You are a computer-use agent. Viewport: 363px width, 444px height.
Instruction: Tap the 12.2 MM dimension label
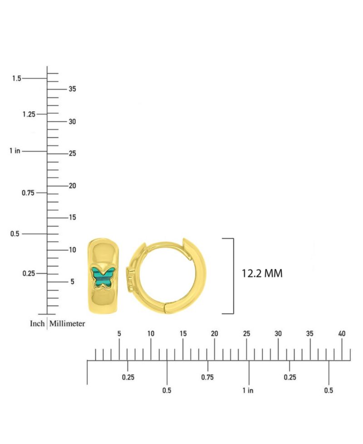[262, 274]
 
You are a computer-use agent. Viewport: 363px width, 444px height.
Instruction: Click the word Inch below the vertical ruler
[37, 323]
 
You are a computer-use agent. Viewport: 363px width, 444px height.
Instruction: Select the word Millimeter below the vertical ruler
[67, 323]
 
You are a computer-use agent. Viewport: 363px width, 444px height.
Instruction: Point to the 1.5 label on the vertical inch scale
[17, 79]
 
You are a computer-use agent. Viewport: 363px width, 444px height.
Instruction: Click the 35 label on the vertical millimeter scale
[72, 89]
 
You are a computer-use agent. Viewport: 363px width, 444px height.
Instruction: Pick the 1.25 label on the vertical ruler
[29, 114]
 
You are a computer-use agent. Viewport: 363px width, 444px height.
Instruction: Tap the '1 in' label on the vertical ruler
[15, 151]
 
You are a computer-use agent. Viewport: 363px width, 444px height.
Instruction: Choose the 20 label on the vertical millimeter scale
[72, 186]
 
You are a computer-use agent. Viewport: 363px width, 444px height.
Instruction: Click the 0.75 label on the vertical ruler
[28, 193]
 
